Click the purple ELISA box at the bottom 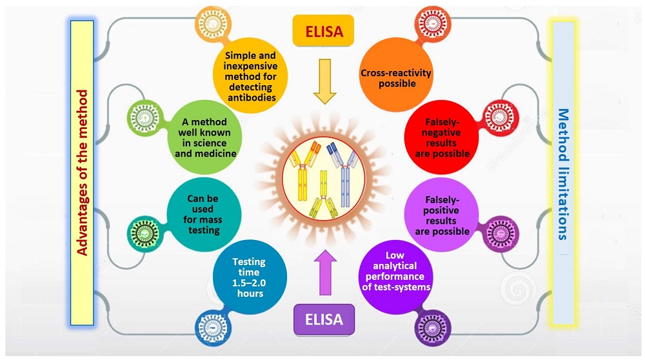(324, 319)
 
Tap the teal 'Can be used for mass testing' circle (204, 212)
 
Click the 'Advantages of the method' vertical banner (82, 172)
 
